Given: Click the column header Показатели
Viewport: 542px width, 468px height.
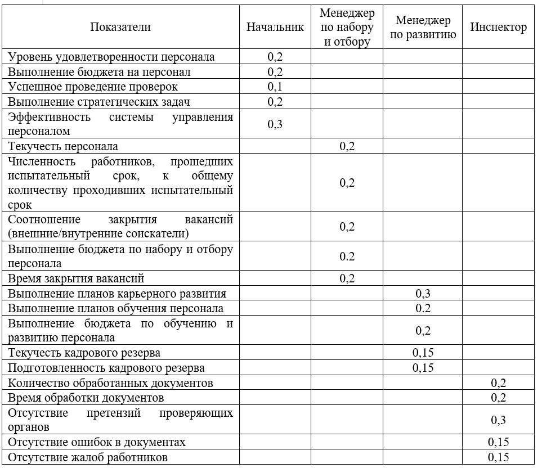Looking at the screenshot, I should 120,27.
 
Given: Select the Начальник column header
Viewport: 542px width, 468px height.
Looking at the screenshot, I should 275,27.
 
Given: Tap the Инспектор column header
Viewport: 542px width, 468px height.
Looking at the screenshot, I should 499,27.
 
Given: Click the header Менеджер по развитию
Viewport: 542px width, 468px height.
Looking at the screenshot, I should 423,28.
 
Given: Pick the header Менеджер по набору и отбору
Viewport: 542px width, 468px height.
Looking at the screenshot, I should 347,28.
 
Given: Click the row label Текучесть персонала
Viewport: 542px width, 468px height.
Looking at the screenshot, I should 63,147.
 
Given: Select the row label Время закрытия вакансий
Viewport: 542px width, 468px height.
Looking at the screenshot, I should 76,278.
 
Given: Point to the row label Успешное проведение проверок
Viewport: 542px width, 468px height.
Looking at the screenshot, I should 93,87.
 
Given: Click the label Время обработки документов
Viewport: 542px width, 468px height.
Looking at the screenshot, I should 86,398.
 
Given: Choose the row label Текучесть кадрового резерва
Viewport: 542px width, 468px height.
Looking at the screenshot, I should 84,353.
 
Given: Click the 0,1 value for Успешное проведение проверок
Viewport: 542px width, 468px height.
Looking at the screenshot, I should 275,87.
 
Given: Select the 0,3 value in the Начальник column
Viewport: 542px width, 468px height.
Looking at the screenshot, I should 275,124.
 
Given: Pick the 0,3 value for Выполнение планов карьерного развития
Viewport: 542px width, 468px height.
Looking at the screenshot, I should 423,293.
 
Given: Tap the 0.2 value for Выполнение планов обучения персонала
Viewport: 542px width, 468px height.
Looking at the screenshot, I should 423,308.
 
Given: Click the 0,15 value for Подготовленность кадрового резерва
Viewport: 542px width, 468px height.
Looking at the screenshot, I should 423,368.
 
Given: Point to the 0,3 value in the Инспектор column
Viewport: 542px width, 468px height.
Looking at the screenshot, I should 499,420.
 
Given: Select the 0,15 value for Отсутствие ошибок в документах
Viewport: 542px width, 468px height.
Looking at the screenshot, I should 499,442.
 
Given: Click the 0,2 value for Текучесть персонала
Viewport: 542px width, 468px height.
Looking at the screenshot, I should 347,147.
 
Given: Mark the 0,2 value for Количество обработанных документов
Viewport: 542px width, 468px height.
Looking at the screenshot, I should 499,383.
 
